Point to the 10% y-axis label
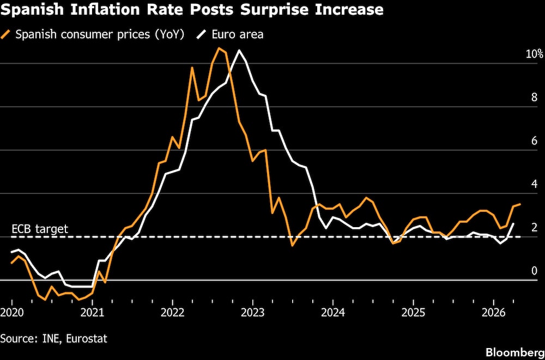pyautogui.click(x=534, y=54)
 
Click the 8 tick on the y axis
pyautogui.click(x=534, y=97)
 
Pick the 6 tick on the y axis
pyautogui.click(x=534, y=141)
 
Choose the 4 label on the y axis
pyautogui.click(x=534, y=184)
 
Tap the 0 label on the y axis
pyautogui.click(x=534, y=271)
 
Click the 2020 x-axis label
pyautogui.click(x=11, y=313)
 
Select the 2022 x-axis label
pyautogui.click(x=173, y=313)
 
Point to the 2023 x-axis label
pyautogui.click(x=253, y=313)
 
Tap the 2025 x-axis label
pyautogui.click(x=413, y=313)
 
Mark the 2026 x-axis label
pyautogui.click(x=493, y=313)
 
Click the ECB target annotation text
pyautogui.click(x=39, y=229)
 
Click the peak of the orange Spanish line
pyautogui.click(x=219, y=48)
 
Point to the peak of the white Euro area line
pyautogui.click(x=239, y=50)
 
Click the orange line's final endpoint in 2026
pyautogui.click(x=520, y=204)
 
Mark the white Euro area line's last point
pyautogui.click(x=513, y=224)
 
